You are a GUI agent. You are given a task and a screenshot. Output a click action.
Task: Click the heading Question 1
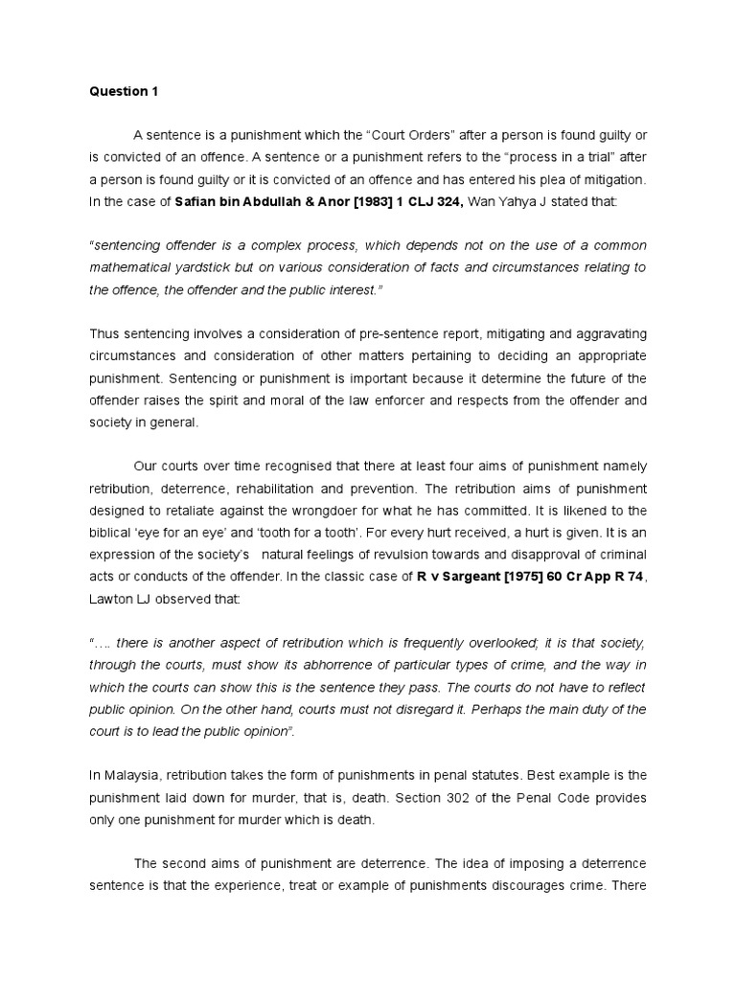(124, 92)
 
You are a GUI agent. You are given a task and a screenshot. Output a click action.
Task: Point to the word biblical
(114, 532)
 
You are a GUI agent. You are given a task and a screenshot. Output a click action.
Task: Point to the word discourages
(541, 884)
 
